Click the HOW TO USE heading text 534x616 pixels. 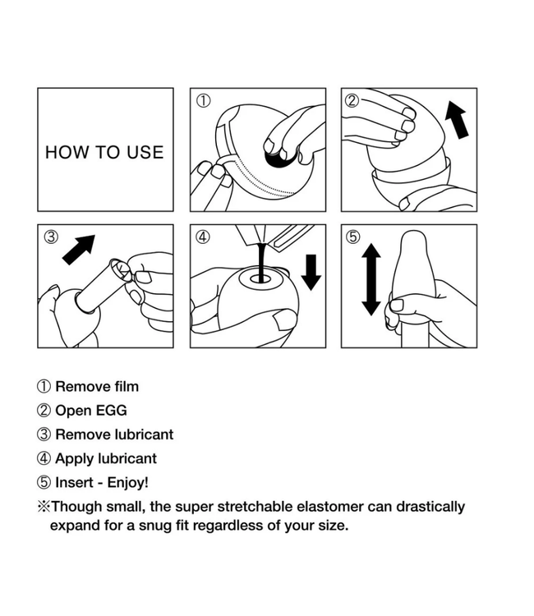point(104,153)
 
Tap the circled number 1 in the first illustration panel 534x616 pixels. point(203,100)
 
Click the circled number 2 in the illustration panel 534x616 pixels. point(352,100)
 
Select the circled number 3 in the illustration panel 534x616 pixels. point(51,237)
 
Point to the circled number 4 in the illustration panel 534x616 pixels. point(203,237)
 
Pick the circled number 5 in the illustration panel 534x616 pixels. point(353,237)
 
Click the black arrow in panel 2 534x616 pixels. point(457,119)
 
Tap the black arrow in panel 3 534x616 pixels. point(79,250)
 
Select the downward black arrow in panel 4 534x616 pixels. point(311,272)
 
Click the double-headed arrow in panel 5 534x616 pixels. point(371,279)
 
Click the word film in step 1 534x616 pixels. point(127,387)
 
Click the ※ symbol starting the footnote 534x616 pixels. point(44,507)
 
